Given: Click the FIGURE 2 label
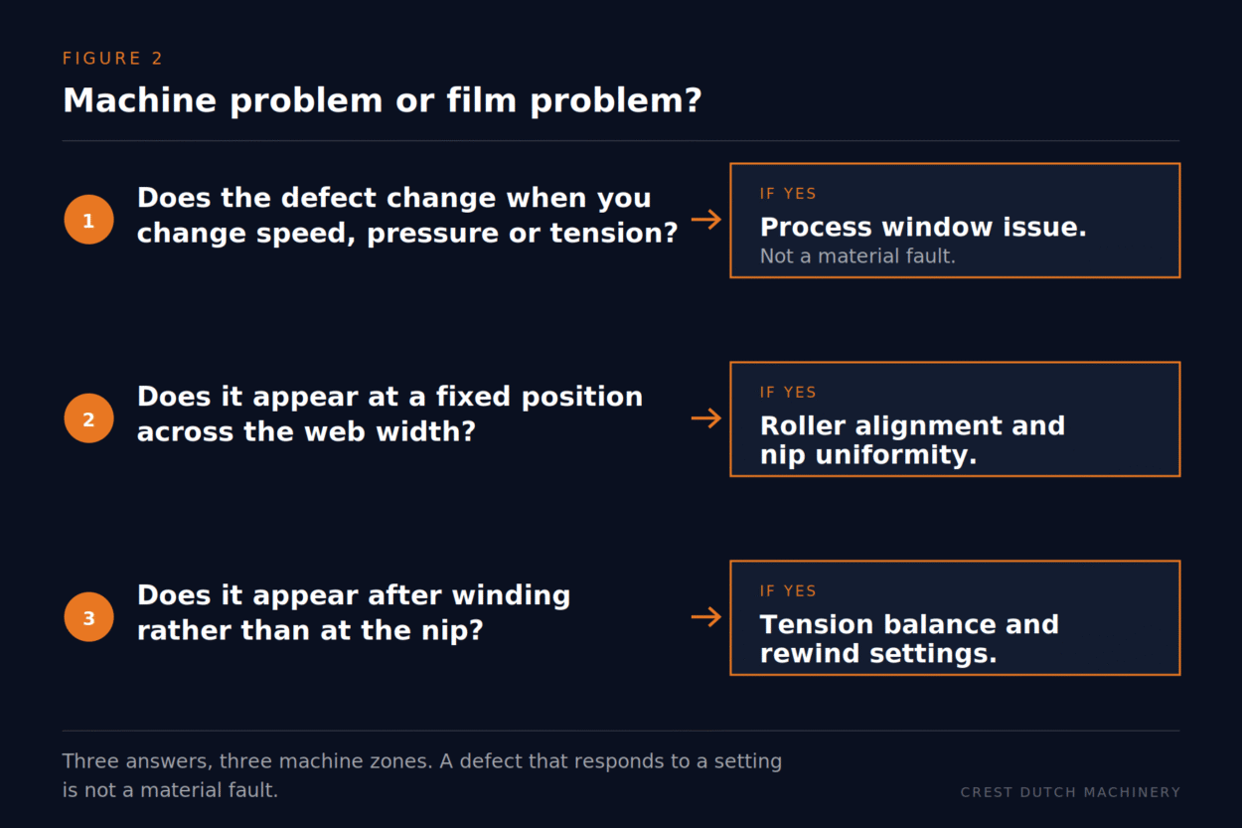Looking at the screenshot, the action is (x=112, y=59).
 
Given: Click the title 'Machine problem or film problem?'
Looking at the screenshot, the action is (x=382, y=100).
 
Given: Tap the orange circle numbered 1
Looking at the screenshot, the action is (x=88, y=220).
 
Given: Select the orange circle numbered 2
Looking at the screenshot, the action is (x=88, y=418).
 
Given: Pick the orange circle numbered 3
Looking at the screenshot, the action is (x=88, y=616).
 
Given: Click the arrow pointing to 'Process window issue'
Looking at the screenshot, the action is (x=706, y=219).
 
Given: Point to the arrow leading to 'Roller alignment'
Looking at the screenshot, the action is (x=706, y=417).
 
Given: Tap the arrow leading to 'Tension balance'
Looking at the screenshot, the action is (x=706, y=616).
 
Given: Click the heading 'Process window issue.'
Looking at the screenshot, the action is (x=923, y=227).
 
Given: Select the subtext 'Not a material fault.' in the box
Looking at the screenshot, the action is (x=857, y=256).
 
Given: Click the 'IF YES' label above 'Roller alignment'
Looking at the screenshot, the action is (x=788, y=392).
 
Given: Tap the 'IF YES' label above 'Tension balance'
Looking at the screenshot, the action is (x=788, y=590).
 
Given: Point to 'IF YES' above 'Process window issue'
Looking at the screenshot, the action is (x=788, y=194).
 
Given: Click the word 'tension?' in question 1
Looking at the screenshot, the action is (x=614, y=233).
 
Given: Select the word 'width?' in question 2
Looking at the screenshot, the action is (x=426, y=431).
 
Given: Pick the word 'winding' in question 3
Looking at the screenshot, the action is (x=511, y=596).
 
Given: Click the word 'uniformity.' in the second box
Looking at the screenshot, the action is (x=895, y=455).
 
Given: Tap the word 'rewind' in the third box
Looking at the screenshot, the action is (x=810, y=653).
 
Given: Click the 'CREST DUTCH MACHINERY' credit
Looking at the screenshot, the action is (x=1070, y=792).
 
